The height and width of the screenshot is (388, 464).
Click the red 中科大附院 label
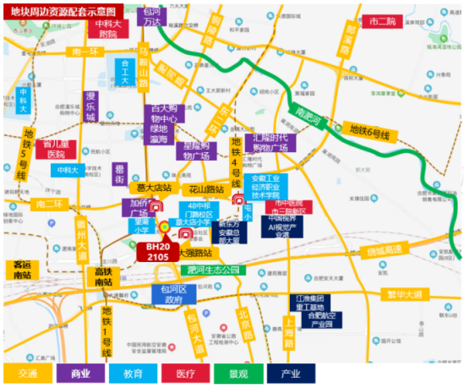tap(106, 30)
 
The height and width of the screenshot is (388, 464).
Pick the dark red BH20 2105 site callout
tap(157, 250)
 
